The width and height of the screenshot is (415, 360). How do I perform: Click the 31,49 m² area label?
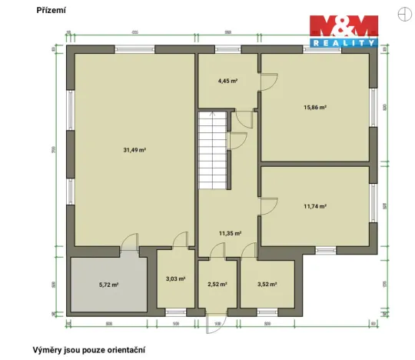[x=135, y=150]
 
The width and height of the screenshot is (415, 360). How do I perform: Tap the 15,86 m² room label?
[x=316, y=108]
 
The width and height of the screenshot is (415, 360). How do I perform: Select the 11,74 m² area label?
[x=316, y=206]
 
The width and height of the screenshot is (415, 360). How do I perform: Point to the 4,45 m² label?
[x=227, y=80]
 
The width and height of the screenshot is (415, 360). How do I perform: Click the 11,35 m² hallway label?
[x=230, y=233]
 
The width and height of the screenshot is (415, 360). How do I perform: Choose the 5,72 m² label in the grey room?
[x=108, y=285]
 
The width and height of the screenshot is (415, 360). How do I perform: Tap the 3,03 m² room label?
[x=175, y=279]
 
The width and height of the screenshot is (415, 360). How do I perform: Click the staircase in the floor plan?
[x=213, y=150]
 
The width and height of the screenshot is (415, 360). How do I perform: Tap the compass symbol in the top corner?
[x=404, y=10]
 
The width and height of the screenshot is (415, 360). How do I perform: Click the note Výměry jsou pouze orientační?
[x=88, y=349]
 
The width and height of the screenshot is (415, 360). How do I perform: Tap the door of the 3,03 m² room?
[x=178, y=241]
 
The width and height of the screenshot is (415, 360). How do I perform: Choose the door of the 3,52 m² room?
[x=249, y=251]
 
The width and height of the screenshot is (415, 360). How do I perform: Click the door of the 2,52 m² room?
[x=217, y=251]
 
